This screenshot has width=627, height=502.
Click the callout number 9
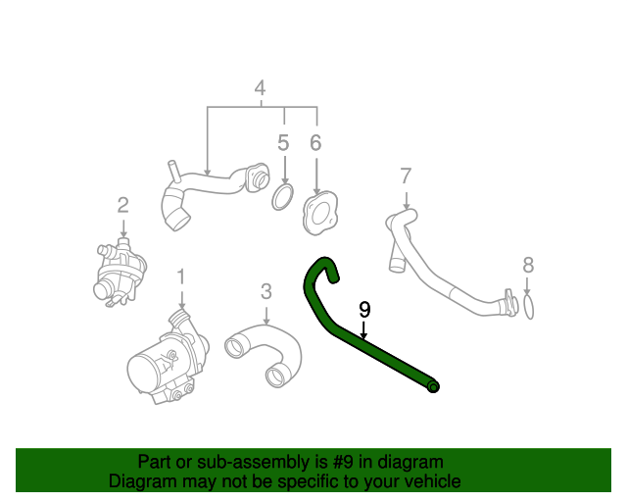pyautogui.click(x=364, y=310)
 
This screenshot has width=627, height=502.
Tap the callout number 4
pyautogui.click(x=261, y=88)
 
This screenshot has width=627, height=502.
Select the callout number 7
pyautogui.click(x=406, y=176)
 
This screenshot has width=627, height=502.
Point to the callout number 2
pyautogui.click(x=122, y=205)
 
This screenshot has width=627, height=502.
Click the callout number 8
pyautogui.click(x=528, y=265)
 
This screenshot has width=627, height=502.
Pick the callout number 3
pyautogui.click(x=266, y=292)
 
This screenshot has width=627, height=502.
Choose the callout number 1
pyautogui.click(x=181, y=277)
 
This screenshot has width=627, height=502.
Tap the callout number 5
pyautogui.click(x=283, y=143)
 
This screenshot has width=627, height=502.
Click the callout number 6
pyautogui.click(x=315, y=143)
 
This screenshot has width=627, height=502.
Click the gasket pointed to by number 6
pyautogui.click(x=308, y=216)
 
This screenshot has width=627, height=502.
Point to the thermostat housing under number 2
pyautogui.click(x=119, y=272)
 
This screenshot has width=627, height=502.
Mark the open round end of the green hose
pyautogui.click(x=433, y=386)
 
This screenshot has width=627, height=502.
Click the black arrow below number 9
pyautogui.click(x=363, y=329)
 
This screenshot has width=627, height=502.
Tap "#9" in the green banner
pyautogui.click(x=343, y=463)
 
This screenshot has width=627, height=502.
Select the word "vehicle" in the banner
pyautogui.click(x=435, y=481)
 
